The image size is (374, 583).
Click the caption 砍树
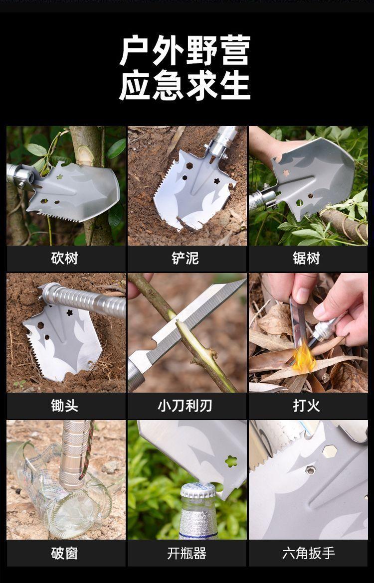tap(64, 258)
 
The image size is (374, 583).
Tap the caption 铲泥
tap(185, 258)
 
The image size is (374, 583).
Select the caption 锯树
tap(306, 258)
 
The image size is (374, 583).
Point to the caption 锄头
tap(64, 405)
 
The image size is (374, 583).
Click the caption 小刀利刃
tap(185, 405)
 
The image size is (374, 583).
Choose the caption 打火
tap(306, 405)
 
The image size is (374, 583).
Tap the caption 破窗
tap(64, 553)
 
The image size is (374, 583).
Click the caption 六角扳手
tap(309, 553)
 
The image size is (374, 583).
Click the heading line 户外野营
tap(185, 50)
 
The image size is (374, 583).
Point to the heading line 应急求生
tap(185, 86)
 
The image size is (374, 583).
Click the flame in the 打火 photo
tap(303, 359)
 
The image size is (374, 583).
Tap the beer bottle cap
tap(198, 490)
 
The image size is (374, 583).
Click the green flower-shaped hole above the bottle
tap(231, 461)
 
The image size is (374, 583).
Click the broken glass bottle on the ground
tap(59, 491)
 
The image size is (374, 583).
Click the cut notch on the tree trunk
tap(85, 155)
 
